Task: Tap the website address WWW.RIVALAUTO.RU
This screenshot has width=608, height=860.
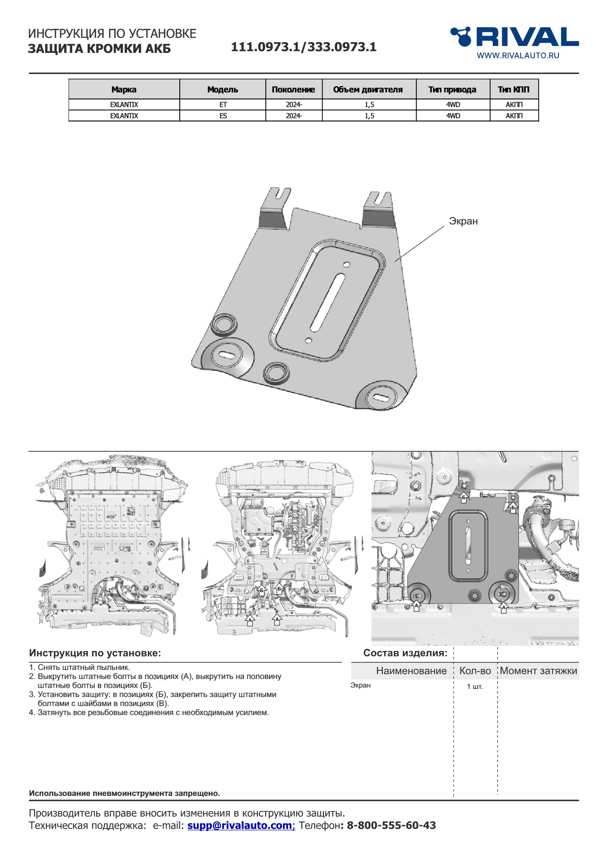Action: [518, 55]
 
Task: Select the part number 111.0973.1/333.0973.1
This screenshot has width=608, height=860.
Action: [304, 47]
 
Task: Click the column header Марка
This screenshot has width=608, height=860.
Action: [124, 89]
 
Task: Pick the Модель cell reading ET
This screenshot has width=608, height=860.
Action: [223, 104]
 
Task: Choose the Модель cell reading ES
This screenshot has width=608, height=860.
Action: [223, 116]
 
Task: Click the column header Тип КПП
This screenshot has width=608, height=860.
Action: [513, 89]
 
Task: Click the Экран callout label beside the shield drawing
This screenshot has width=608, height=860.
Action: [463, 221]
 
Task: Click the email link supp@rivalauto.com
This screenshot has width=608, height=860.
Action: [240, 825]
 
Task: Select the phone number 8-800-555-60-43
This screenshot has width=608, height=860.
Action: [391, 825]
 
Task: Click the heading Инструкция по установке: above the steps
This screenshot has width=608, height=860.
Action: [95, 653]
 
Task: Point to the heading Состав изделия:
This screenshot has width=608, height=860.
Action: [405, 653]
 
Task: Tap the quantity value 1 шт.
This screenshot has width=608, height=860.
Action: [475, 686]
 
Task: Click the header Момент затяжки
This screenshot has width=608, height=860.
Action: [538, 671]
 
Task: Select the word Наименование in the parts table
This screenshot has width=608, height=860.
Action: [411, 671]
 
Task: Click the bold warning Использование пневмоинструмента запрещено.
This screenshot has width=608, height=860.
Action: [124, 793]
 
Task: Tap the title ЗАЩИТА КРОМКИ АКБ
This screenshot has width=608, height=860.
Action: [99, 49]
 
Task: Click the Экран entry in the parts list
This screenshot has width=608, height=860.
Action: [360, 685]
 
